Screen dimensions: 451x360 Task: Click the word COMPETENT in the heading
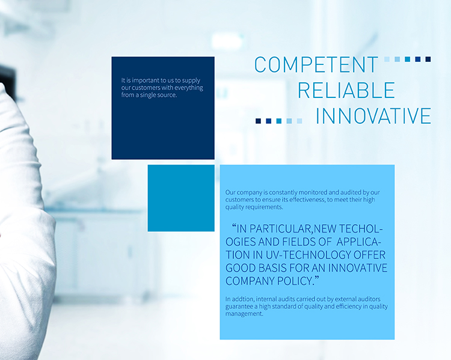click(316, 64)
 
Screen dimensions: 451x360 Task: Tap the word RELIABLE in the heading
click(346, 90)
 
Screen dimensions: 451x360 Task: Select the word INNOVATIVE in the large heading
click(373, 115)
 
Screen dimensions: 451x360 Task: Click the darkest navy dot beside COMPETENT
click(428, 59)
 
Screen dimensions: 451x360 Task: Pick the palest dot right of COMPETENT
click(387, 59)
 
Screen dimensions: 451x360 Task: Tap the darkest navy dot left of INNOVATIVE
click(259, 121)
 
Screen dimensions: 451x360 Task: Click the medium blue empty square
click(181, 198)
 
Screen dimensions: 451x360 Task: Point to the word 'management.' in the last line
click(244, 314)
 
